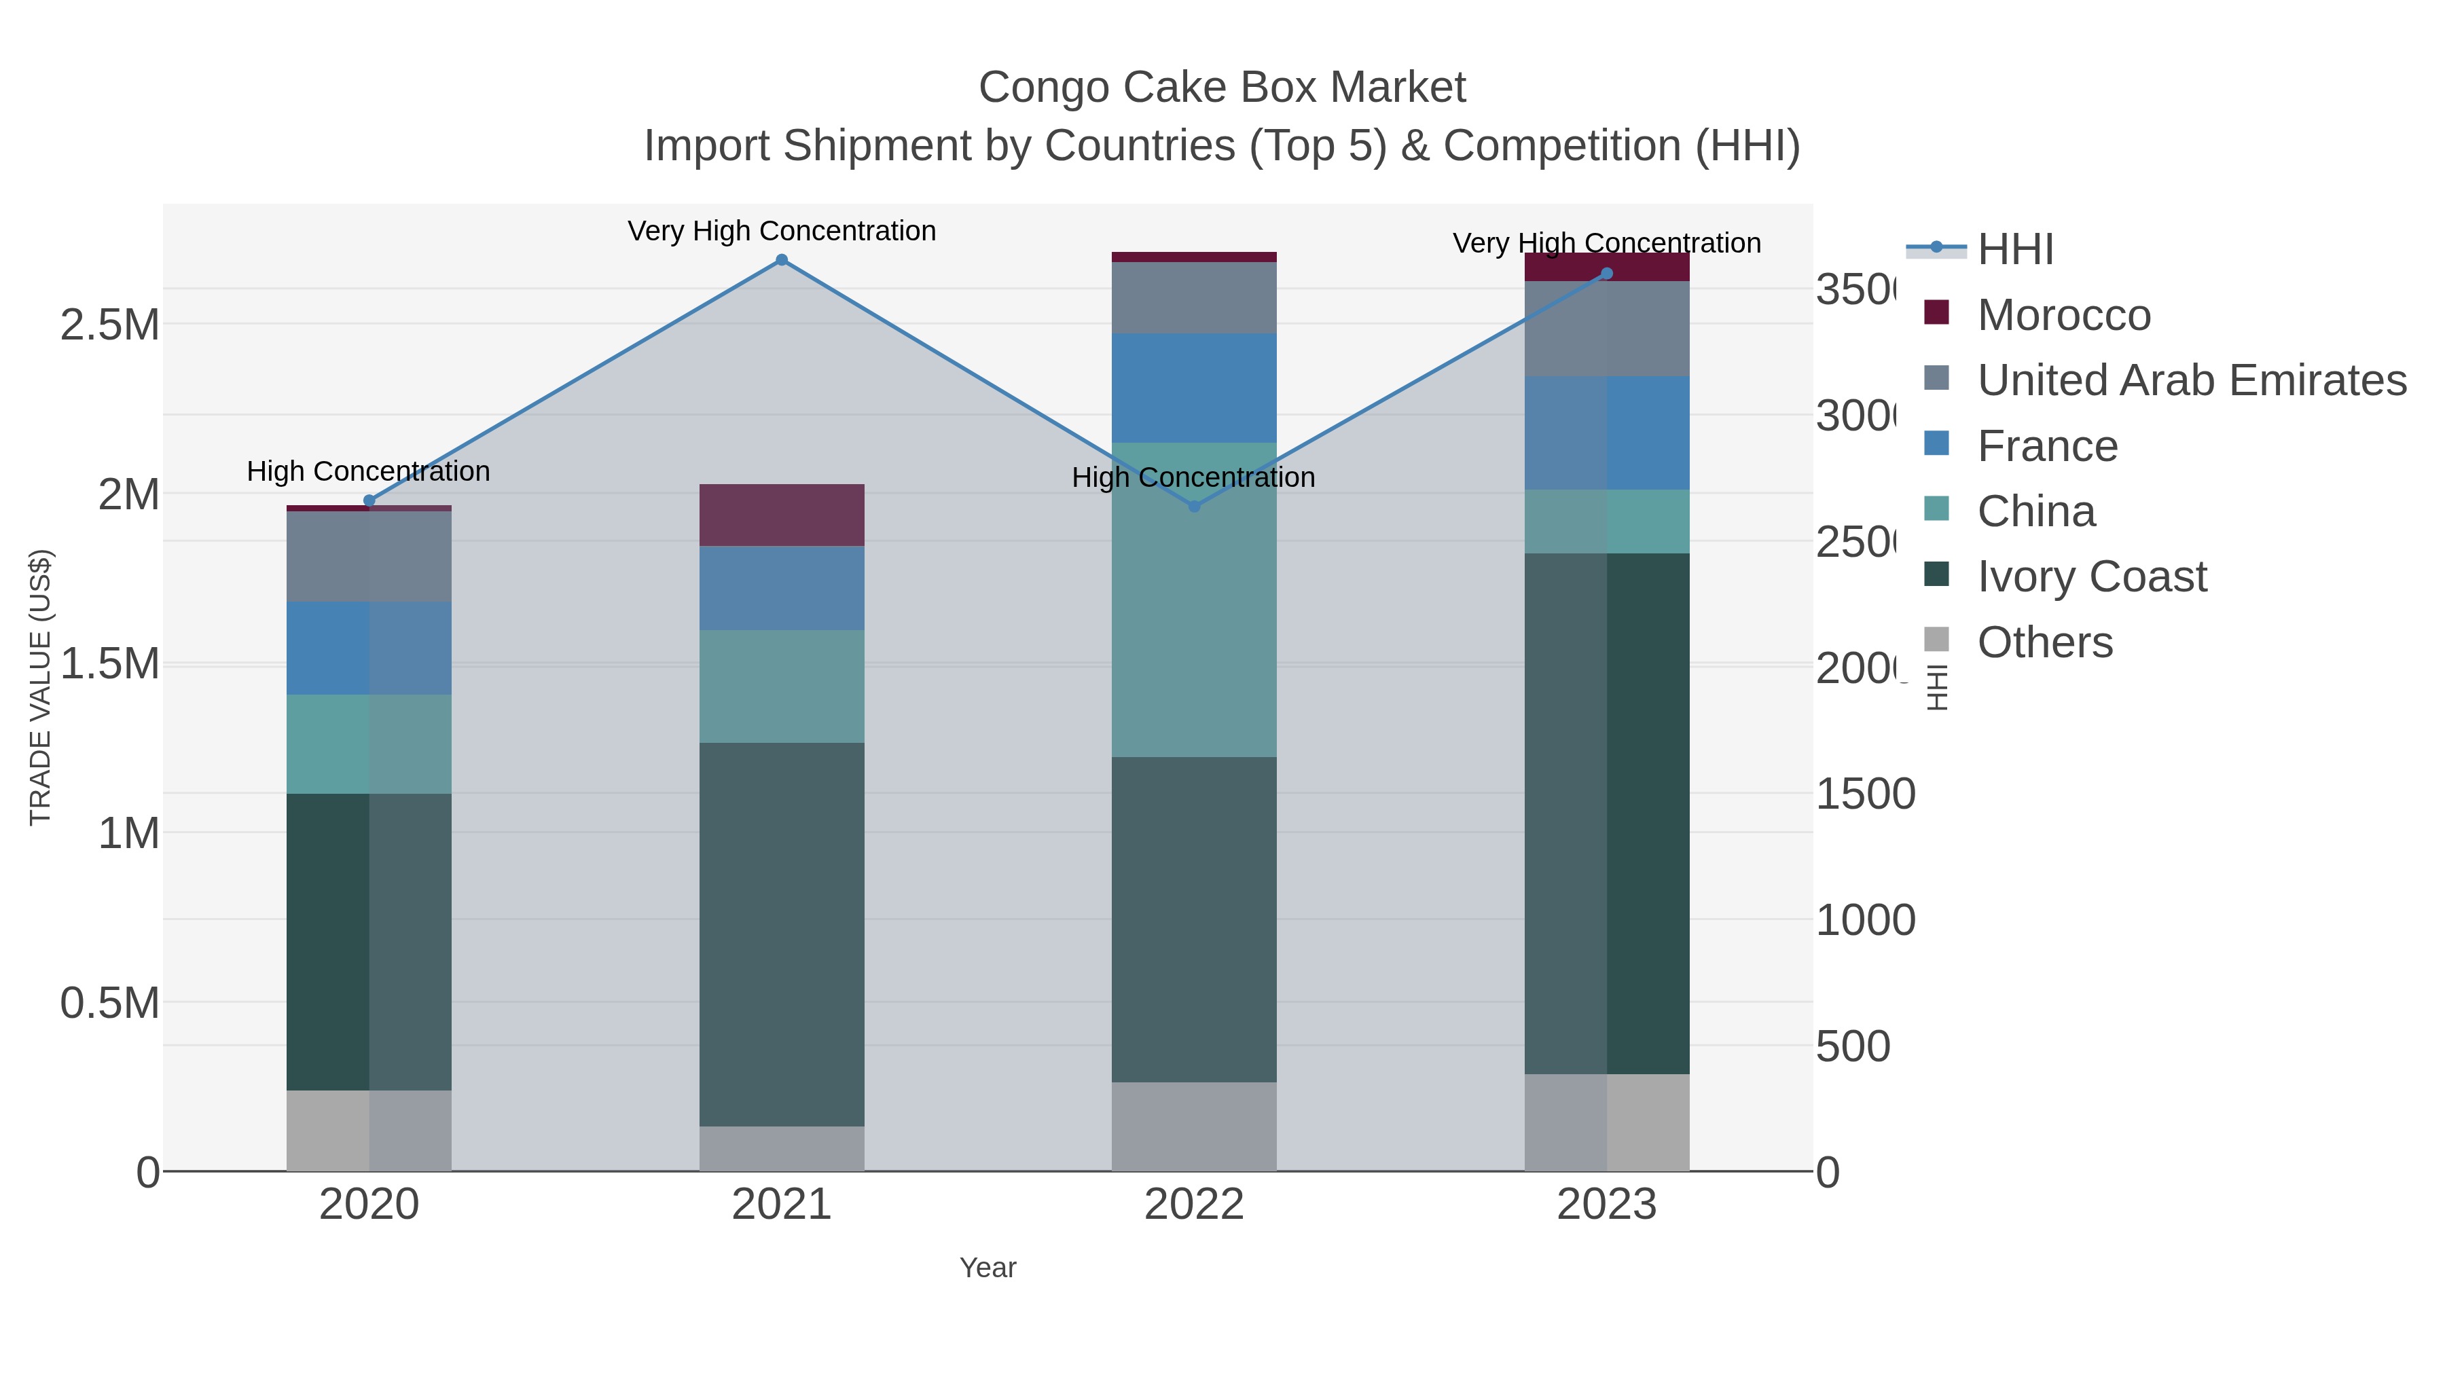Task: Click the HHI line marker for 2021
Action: [781, 260]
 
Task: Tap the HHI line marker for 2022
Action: [1194, 506]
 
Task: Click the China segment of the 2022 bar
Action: [1194, 600]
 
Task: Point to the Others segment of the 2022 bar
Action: [1194, 1126]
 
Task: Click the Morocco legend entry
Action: [2063, 314]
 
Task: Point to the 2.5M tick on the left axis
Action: [109, 325]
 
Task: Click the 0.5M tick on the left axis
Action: [109, 1003]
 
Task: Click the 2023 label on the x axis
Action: [1606, 1204]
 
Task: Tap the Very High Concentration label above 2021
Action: [781, 231]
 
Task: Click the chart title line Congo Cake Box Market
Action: [1222, 88]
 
